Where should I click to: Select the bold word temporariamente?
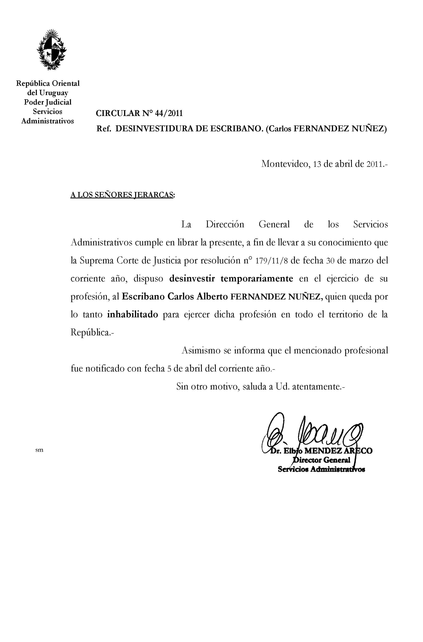pyautogui.click(x=257, y=279)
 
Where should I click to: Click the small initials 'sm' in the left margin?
pyautogui.click(x=39, y=450)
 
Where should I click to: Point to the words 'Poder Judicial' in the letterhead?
pyautogui.click(x=48, y=102)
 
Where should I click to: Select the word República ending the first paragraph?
pyautogui.click(x=91, y=332)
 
